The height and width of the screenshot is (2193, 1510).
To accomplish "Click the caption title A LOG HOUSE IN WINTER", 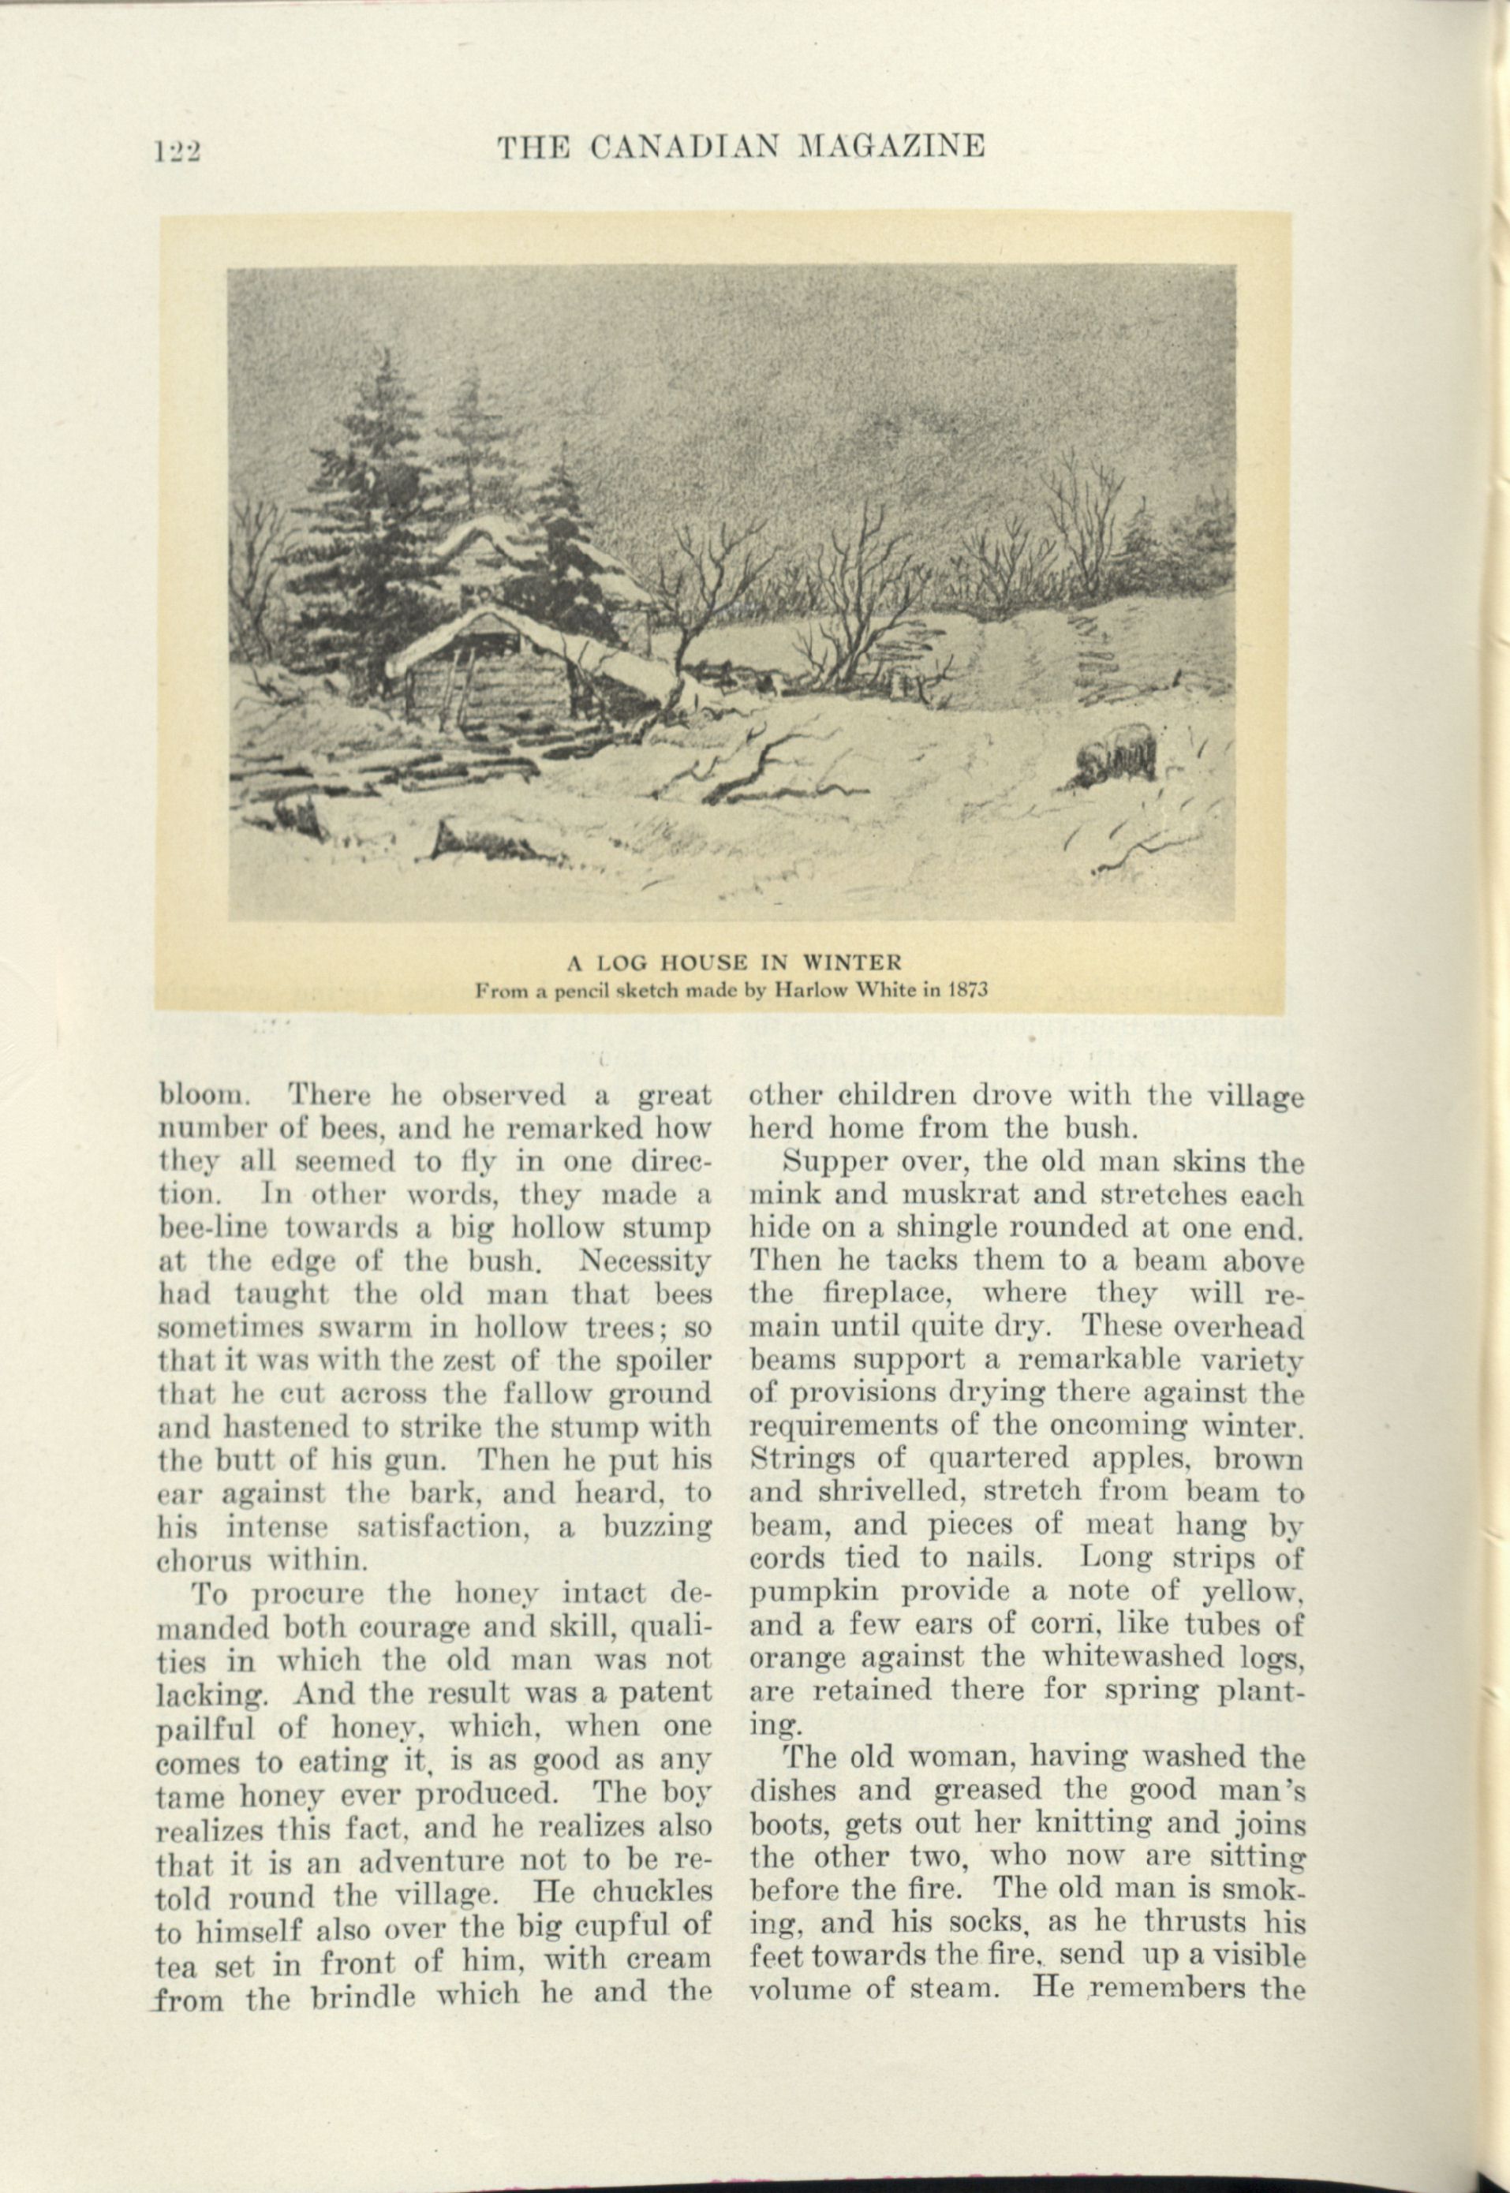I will tap(734, 964).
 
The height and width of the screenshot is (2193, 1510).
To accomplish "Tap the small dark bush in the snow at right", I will tap(1119, 754).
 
